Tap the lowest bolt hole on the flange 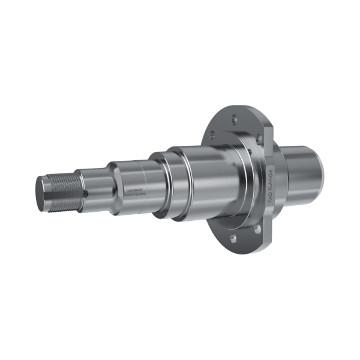232,238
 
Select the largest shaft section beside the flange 210,180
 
